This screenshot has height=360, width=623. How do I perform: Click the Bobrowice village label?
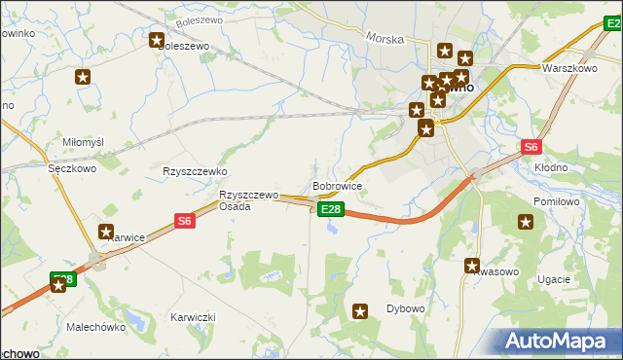pyautogui.click(x=337, y=185)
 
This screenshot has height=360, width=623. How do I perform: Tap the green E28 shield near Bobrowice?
pyautogui.click(x=331, y=209)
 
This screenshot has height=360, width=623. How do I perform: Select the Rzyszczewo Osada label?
pyautogui.click(x=248, y=200)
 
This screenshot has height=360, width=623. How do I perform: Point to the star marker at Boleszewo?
pyautogui.click(x=157, y=40)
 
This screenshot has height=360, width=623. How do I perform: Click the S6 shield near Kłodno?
pyautogui.click(x=530, y=148)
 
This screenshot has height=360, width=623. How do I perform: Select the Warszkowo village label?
pyautogui.click(x=569, y=69)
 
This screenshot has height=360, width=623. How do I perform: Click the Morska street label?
pyautogui.click(x=385, y=38)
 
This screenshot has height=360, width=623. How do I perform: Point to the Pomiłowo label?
pyautogui.click(x=557, y=201)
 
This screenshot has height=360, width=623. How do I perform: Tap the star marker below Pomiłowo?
pyautogui.click(x=527, y=223)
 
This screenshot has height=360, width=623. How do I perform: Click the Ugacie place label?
pyautogui.click(x=554, y=279)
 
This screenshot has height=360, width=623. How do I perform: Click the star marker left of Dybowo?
pyautogui.click(x=361, y=311)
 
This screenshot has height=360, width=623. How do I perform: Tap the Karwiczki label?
pyautogui.click(x=193, y=318)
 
